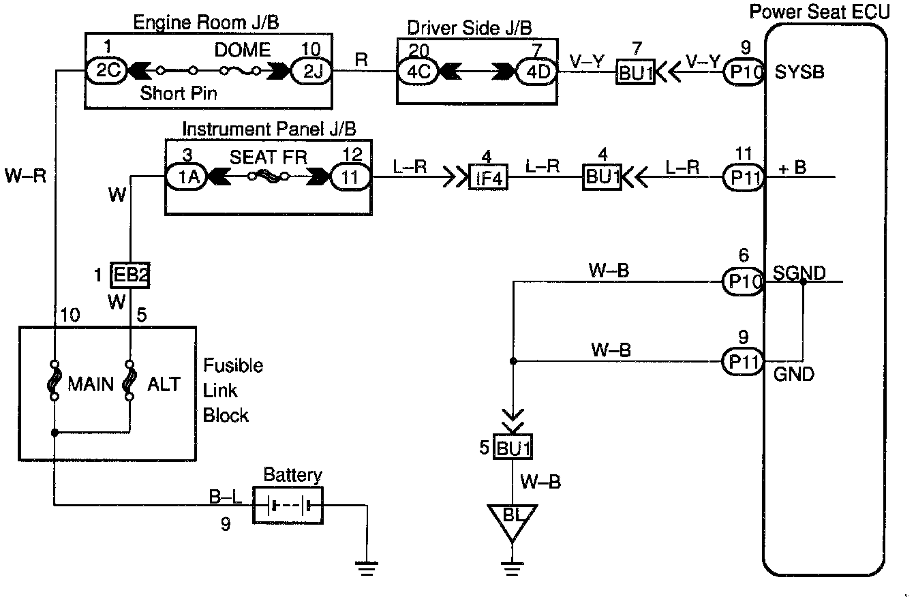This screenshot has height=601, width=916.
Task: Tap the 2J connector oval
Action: [x=312, y=71]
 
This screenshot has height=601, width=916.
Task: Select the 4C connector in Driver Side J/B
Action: [x=418, y=71]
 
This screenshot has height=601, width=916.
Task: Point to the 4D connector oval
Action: [x=536, y=71]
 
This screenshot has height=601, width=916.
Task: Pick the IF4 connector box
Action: [x=489, y=178]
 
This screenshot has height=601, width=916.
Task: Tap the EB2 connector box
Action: [x=129, y=276]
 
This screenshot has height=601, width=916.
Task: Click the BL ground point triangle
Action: [x=512, y=518]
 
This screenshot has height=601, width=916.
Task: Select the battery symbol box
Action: [x=288, y=505]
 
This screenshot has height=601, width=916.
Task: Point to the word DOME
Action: [x=242, y=50]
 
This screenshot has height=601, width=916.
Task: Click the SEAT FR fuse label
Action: [x=268, y=157]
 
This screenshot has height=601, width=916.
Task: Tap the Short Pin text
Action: [x=179, y=93]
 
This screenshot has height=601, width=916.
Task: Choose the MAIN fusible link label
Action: [x=91, y=384]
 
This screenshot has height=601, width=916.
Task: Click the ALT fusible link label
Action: [x=164, y=384]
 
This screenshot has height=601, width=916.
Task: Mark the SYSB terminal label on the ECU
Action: [x=799, y=72]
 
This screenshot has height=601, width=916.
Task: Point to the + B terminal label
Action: [x=792, y=167]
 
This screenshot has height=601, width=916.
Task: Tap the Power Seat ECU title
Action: [x=819, y=12]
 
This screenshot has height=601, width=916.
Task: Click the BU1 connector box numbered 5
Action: [x=513, y=449]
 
